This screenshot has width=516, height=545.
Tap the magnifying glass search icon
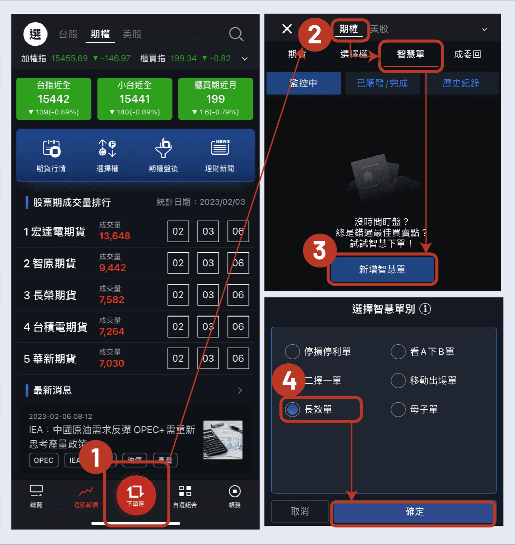(236, 34)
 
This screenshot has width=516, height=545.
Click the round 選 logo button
(35, 34)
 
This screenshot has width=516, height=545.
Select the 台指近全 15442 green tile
(54, 99)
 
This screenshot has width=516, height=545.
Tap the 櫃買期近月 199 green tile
(215, 99)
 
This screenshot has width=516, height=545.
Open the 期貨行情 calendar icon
(51, 149)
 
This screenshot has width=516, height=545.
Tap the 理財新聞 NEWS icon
(220, 148)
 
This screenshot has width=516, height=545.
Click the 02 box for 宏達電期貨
(178, 231)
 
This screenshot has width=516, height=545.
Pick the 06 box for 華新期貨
(238, 358)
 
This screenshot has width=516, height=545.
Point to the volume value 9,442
(112, 268)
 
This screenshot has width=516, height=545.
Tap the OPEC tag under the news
(44, 460)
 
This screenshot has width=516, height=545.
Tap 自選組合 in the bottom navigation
(185, 496)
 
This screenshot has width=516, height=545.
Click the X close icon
(287, 29)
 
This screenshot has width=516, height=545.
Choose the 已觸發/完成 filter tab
(382, 83)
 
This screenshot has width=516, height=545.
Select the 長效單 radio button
(293, 409)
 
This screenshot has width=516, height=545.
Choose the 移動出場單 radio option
(398, 380)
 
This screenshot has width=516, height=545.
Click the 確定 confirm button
(414, 512)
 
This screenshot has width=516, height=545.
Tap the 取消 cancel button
(300, 512)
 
